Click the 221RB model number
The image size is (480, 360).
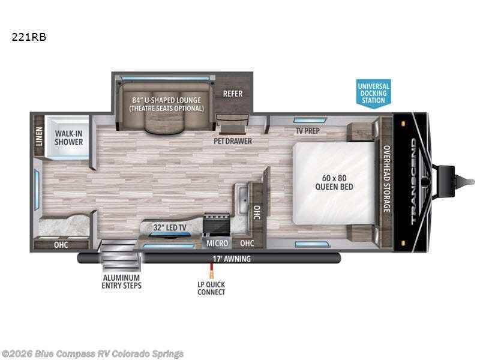click(x=29, y=37)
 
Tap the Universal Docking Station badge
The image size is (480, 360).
click(x=373, y=94)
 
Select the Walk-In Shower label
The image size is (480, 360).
click(x=69, y=138)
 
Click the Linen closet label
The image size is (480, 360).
click(x=39, y=136)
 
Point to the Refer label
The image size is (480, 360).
click(x=233, y=94)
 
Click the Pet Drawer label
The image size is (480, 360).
click(x=233, y=141)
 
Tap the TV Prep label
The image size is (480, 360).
click(x=308, y=131)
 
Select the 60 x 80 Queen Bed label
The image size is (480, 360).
click(x=334, y=182)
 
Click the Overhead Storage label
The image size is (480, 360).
click(x=387, y=179)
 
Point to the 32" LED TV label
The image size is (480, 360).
click(x=170, y=227)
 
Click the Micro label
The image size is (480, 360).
click(x=217, y=243)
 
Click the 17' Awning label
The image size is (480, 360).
click(x=232, y=259)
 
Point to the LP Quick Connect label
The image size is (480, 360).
click(x=211, y=288)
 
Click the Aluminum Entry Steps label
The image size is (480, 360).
click(x=122, y=281)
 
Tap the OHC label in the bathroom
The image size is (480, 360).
click(x=61, y=245)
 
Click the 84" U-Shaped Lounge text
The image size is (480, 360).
click(x=167, y=100)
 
